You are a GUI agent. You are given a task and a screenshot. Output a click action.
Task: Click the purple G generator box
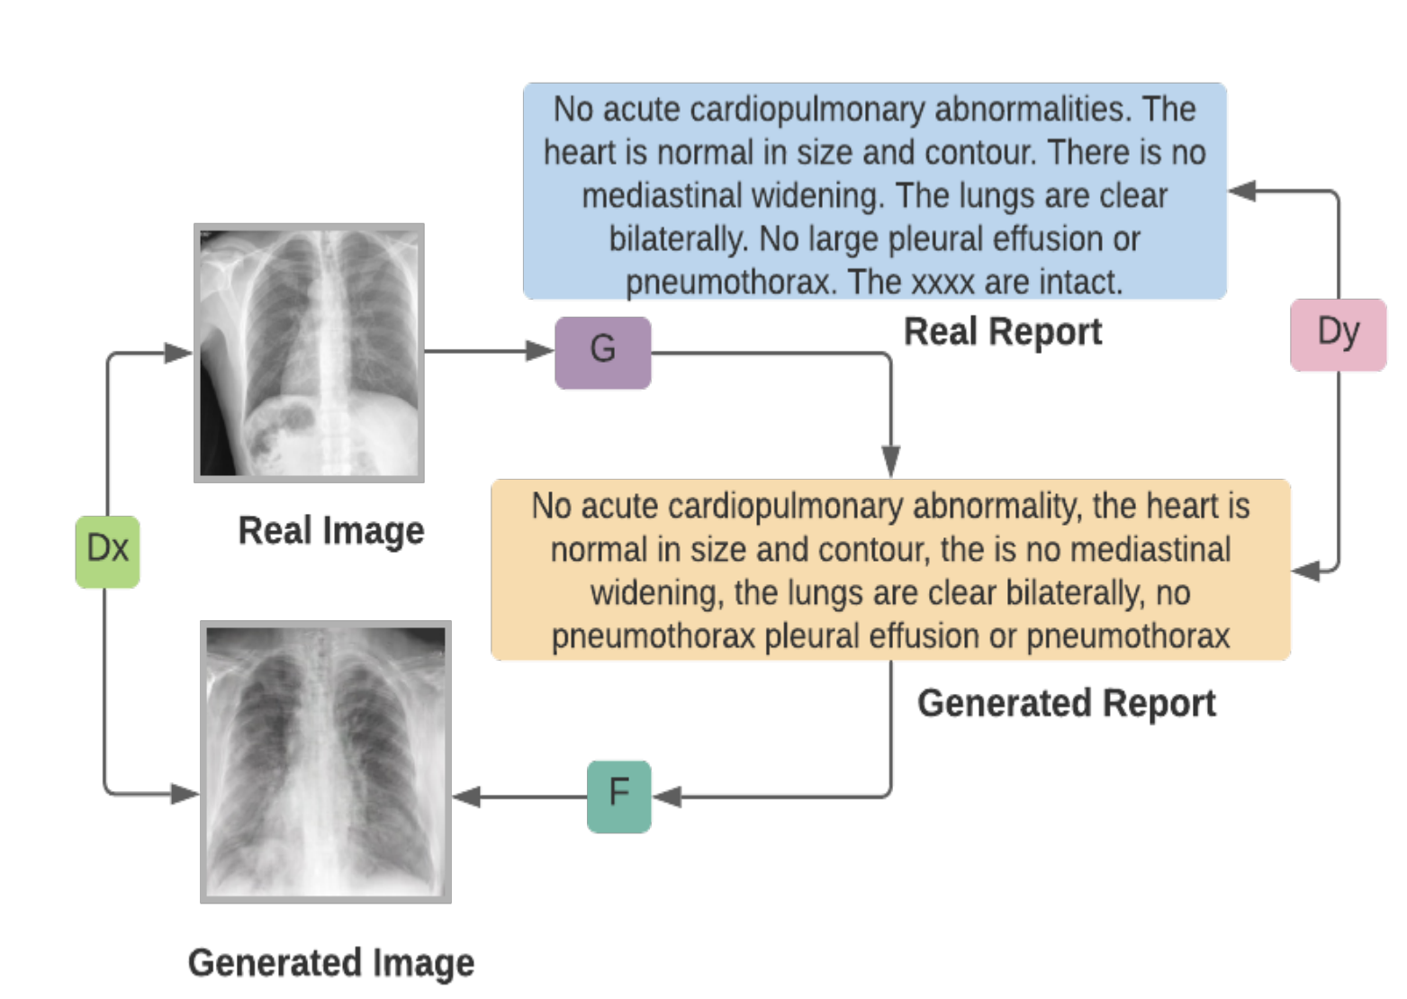click(x=602, y=353)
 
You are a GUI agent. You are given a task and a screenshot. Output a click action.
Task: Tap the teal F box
click(x=618, y=796)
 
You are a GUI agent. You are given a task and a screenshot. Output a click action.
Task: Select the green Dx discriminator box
click(x=107, y=552)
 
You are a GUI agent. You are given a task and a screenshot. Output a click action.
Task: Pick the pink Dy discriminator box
click(x=1338, y=335)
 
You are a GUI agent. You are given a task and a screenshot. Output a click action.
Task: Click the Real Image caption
click(x=331, y=531)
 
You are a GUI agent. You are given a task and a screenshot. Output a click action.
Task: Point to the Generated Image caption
click(x=331, y=963)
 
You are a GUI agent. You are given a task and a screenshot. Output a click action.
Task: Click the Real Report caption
click(x=1003, y=331)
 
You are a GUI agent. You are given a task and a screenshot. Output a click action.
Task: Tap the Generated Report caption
click(x=1067, y=703)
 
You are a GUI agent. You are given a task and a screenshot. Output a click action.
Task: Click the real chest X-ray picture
click(x=309, y=353)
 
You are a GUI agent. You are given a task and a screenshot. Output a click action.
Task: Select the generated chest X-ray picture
click(x=325, y=761)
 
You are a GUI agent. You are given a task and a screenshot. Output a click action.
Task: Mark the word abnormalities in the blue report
click(x=1033, y=109)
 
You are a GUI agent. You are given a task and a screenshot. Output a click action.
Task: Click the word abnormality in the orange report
click(x=997, y=506)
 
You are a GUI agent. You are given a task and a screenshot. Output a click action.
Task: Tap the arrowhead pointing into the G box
click(x=539, y=350)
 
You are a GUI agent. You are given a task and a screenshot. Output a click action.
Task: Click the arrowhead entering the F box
click(x=667, y=796)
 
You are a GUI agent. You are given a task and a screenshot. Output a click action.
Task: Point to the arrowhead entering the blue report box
click(x=1241, y=191)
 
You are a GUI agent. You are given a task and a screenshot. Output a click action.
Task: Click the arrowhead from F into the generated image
click(x=466, y=796)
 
